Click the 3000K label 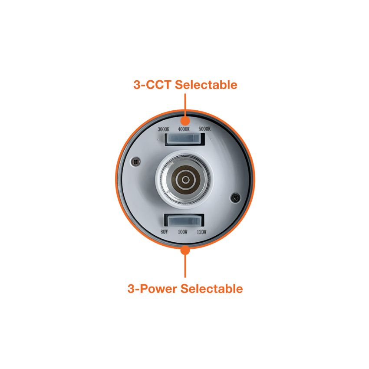point(164,129)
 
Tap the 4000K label point(184,129)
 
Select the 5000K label point(204,129)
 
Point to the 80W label point(164,232)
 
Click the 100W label point(183,232)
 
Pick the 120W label point(202,232)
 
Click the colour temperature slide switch point(184,139)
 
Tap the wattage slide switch point(184,221)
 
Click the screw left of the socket point(136,161)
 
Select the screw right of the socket point(235,198)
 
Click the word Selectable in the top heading point(206,85)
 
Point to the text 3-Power point(152,289)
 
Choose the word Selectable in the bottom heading point(212,289)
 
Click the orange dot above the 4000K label point(185,121)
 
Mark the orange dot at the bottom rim point(185,250)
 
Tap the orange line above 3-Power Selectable point(185,266)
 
